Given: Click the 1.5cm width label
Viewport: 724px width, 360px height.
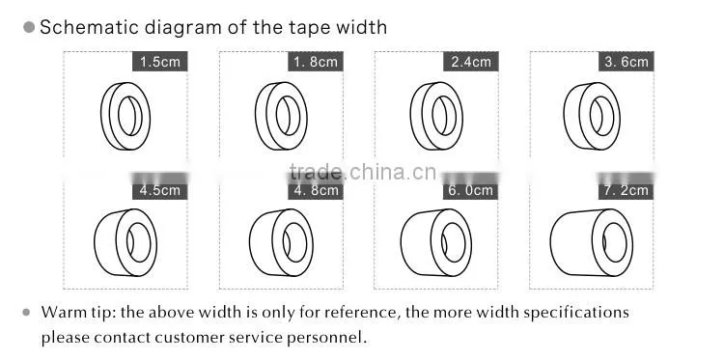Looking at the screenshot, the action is tap(159, 62).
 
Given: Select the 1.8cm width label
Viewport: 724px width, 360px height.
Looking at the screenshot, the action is tap(316, 62).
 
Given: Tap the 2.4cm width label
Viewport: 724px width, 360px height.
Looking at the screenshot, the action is tap(471, 62).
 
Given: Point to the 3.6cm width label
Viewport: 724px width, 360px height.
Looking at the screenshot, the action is tap(627, 62).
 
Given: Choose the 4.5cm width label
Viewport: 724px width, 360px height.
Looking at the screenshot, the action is tap(159, 190).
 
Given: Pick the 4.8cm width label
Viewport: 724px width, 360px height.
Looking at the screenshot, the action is tap(316, 190).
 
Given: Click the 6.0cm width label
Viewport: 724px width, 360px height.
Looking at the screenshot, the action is tap(471, 190).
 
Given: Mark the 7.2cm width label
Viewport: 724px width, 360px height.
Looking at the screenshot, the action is tap(627, 190).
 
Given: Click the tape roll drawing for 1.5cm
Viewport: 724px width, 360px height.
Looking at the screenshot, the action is tap(106, 116).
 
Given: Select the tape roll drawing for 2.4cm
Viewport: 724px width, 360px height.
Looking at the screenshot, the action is tap(416, 116).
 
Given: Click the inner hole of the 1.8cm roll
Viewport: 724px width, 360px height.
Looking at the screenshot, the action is tap(288, 116).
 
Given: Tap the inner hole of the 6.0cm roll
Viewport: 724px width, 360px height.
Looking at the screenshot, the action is tap(454, 242).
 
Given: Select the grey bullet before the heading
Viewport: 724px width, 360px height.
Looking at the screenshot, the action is tap(29, 27).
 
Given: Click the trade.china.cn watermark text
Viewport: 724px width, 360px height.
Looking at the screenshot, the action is tap(363, 172).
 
